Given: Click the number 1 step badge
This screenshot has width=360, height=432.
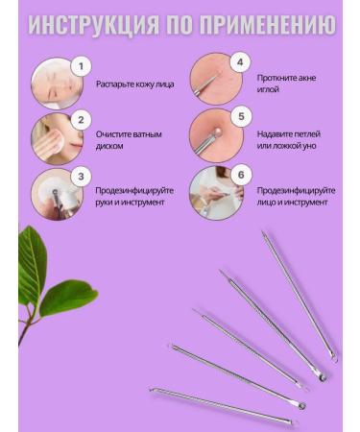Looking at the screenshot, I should (82, 65).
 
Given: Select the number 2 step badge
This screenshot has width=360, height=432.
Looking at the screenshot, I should (82, 120).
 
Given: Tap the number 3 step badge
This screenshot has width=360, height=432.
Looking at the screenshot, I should (82, 175).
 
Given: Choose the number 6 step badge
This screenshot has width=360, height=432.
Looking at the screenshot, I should (240, 173).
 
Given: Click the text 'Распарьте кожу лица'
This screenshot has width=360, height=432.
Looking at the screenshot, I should (135, 84).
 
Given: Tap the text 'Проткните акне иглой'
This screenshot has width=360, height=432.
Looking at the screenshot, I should (287, 84).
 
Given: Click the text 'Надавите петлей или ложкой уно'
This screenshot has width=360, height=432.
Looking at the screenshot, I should (292, 139).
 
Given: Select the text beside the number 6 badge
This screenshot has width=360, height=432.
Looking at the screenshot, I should (295, 196).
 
